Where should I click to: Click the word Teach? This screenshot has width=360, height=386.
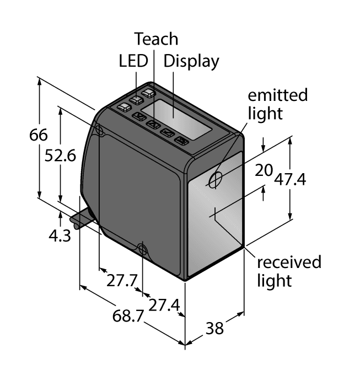(157, 39)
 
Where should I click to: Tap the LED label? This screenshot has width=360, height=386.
(133, 60)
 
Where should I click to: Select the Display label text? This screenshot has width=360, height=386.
(191, 60)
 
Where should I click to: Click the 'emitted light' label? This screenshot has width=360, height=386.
(277, 104)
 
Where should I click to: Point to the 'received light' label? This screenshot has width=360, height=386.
(288, 270)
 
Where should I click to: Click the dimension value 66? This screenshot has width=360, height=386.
(39, 135)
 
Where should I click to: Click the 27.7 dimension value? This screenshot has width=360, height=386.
(121, 280)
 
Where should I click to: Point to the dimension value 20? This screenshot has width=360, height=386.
(264, 171)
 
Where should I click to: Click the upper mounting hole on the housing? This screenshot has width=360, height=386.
(100, 130)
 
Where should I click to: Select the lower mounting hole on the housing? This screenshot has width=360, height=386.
(143, 251)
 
